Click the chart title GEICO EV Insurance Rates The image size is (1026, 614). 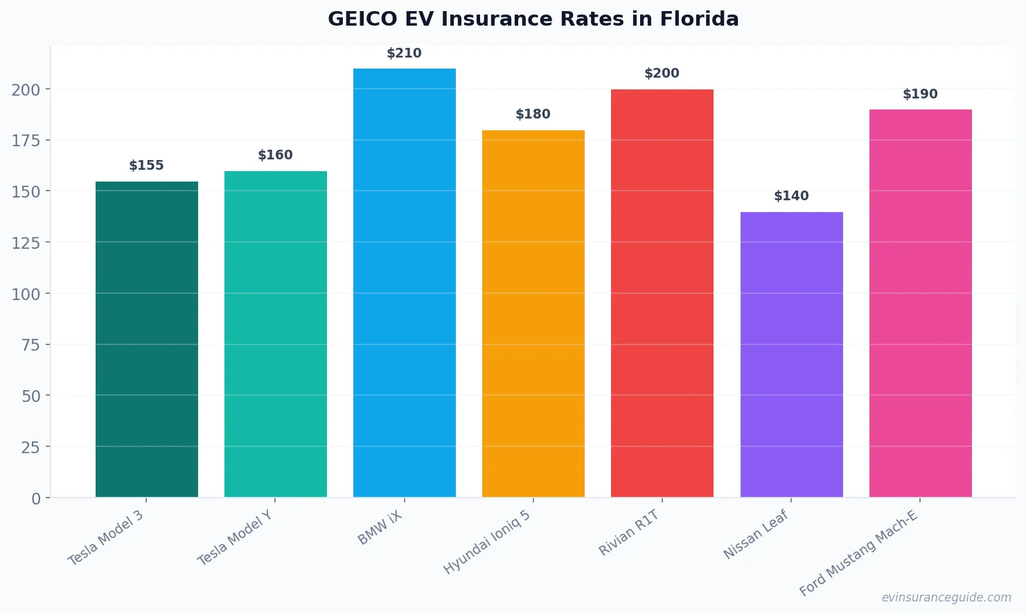click(x=533, y=19)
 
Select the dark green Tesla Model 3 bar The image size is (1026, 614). click(x=147, y=340)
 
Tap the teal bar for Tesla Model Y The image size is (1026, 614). click(x=276, y=334)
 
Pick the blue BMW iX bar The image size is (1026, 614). click(x=405, y=283)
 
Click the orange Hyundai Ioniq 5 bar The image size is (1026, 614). click(x=533, y=313)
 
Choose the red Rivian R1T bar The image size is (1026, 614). click(x=662, y=293)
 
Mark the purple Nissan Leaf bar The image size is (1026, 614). click(x=791, y=355)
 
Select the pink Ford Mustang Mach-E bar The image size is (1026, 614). click(x=920, y=304)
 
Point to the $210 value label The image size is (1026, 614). click(x=404, y=53)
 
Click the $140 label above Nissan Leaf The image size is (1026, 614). click(x=791, y=196)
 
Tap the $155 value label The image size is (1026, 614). click(x=147, y=166)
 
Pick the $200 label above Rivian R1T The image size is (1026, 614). click(x=662, y=73)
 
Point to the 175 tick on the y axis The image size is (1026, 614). click(x=26, y=141)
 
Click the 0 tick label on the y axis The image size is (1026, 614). click(x=36, y=499)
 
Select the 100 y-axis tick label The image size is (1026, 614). click(x=26, y=294)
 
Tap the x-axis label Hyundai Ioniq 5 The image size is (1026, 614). click(x=487, y=542)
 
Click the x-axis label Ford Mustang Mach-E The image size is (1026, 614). click(x=858, y=553)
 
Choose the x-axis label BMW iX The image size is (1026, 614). click(x=380, y=528)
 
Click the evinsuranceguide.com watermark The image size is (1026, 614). click(x=946, y=597)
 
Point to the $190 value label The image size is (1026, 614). click(x=920, y=94)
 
